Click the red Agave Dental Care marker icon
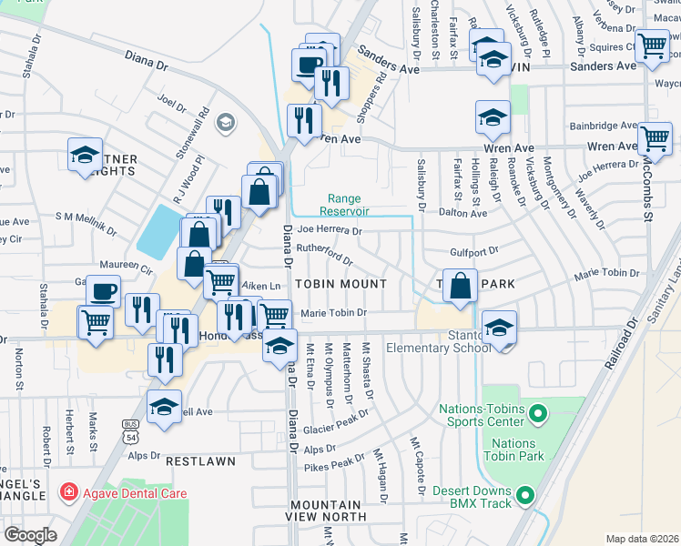coord(68,493)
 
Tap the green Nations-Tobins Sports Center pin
coord(537,416)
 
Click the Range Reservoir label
coord(344,205)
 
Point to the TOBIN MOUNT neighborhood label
coord(339,284)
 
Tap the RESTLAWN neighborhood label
coord(200,461)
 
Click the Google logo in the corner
coord(30,535)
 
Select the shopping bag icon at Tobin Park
coord(461,284)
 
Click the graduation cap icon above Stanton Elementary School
coord(499,326)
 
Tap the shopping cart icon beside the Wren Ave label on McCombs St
coord(655,138)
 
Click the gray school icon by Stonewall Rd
coord(225,123)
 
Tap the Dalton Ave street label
coord(462,212)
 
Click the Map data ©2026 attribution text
coord(641,538)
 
